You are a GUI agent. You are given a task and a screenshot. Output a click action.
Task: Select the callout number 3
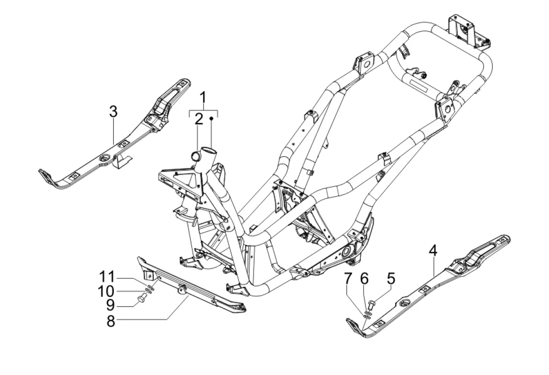[x=113, y=112]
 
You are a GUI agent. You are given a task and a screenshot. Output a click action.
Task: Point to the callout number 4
[x=433, y=250]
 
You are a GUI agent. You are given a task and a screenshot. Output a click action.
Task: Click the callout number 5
[x=391, y=279]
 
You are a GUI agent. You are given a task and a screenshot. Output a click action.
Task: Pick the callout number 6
[x=364, y=279]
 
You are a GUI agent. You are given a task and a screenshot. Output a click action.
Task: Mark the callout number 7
[x=347, y=279]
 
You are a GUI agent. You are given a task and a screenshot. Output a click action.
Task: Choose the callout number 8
[x=111, y=320]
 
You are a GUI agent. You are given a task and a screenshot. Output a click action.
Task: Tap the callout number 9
[x=111, y=305]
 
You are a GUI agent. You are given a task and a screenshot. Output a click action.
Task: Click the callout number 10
[x=106, y=291]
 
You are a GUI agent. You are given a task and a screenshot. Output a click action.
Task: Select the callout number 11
[x=106, y=277]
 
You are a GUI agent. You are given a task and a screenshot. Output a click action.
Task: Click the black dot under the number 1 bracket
[x=211, y=119]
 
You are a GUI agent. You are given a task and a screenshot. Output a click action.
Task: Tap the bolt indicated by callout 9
[x=142, y=299]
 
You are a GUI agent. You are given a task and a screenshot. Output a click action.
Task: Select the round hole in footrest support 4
[x=406, y=303]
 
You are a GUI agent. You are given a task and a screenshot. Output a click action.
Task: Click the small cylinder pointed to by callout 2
[x=195, y=155]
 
